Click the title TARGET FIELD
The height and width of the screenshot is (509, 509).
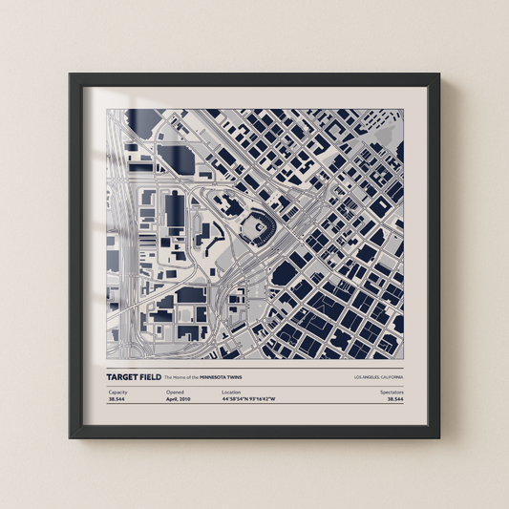[134, 378]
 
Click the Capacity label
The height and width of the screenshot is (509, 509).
[117, 392]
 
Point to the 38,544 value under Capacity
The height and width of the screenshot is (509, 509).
[117, 400]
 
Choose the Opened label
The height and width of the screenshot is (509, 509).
[175, 392]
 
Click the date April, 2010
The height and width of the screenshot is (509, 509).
[180, 400]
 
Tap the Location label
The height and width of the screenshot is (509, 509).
[231, 392]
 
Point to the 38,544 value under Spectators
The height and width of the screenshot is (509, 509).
[393, 400]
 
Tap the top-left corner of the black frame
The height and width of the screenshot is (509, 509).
[70, 74]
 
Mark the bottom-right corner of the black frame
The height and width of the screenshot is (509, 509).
[439, 437]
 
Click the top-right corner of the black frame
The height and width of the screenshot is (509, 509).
[439, 74]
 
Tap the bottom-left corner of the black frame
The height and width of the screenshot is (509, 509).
[70, 437]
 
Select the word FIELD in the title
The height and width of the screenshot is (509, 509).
[152, 378]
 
